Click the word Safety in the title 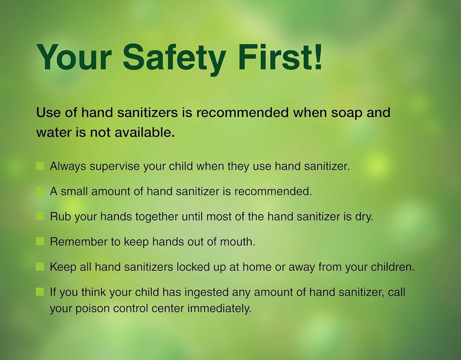click(x=174, y=57)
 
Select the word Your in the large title click(x=74, y=57)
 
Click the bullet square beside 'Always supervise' click(x=40, y=166)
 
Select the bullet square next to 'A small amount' click(x=40, y=191)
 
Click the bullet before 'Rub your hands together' click(x=40, y=216)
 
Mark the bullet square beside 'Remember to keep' click(x=40, y=241)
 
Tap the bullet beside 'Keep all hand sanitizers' click(x=40, y=266)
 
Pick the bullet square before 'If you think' click(x=40, y=292)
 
